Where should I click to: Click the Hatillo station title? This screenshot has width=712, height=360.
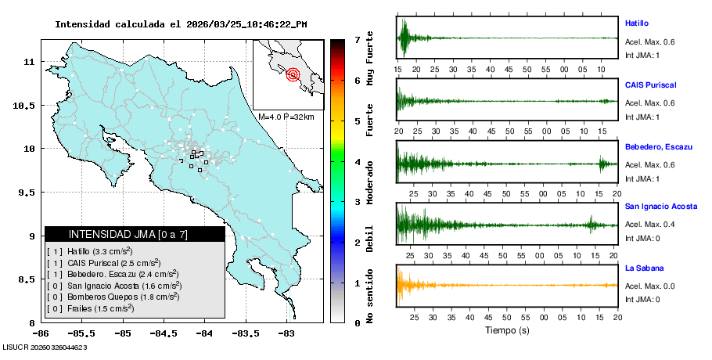point(637,23)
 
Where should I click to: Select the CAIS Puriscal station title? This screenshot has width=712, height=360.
point(650,85)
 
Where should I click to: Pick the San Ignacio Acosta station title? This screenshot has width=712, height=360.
point(661,207)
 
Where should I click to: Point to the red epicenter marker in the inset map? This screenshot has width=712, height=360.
point(293,75)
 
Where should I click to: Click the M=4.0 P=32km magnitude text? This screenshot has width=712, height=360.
point(286,117)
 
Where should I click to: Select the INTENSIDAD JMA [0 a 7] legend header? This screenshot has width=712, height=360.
point(135,234)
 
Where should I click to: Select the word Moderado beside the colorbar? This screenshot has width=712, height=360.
point(369,180)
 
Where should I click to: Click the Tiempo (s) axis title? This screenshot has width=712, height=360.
point(507,330)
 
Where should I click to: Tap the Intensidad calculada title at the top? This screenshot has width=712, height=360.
point(181,24)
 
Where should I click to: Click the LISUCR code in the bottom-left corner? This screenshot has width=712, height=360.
point(45,347)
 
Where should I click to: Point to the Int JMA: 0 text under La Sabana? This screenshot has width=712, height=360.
point(642,299)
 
